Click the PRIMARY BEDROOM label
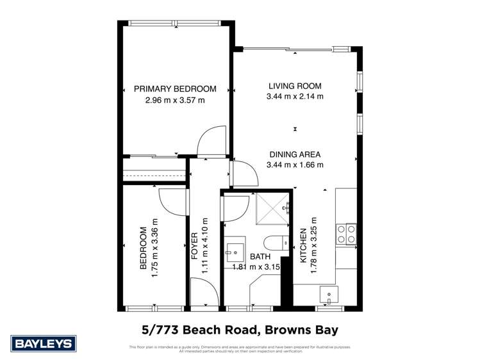point(175,89)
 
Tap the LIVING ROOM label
point(295,86)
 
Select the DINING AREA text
point(295,154)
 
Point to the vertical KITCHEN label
point(303,246)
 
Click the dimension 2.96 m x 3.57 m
point(175,100)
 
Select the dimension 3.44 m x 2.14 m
point(295,97)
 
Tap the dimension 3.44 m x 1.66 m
point(295,165)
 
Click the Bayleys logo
point(44,344)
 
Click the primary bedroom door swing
point(212,142)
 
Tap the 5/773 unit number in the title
point(161,330)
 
